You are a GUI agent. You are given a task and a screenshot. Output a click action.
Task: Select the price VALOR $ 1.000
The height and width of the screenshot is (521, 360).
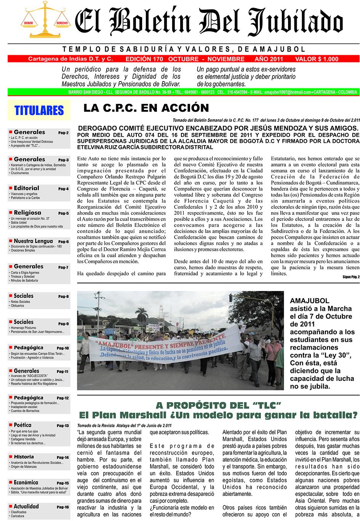coord(316,59)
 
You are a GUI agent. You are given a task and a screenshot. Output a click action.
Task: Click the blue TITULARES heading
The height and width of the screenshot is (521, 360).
coord(38,110)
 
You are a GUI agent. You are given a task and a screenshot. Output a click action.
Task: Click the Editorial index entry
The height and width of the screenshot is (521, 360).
coord(26,188)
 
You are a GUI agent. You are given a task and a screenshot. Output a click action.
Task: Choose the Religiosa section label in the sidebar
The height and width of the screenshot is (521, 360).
coord(27,213)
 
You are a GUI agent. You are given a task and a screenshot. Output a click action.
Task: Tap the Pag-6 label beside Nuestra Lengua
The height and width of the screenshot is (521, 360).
coord(63,242)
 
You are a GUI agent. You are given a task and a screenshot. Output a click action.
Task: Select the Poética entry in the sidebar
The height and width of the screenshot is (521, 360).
coord(22,425)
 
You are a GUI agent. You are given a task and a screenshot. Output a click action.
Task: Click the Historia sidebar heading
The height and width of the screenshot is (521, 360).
coord(24,457)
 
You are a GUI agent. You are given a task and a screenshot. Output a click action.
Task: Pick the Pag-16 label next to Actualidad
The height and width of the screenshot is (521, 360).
coord(63,507)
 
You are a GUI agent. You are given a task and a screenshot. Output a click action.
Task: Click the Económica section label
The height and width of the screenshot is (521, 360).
coord(26,482)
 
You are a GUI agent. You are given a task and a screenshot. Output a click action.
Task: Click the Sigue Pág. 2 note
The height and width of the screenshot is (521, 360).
coord(350,277)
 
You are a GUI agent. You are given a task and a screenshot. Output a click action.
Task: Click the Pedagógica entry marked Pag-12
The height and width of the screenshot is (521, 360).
coord(28,398)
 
